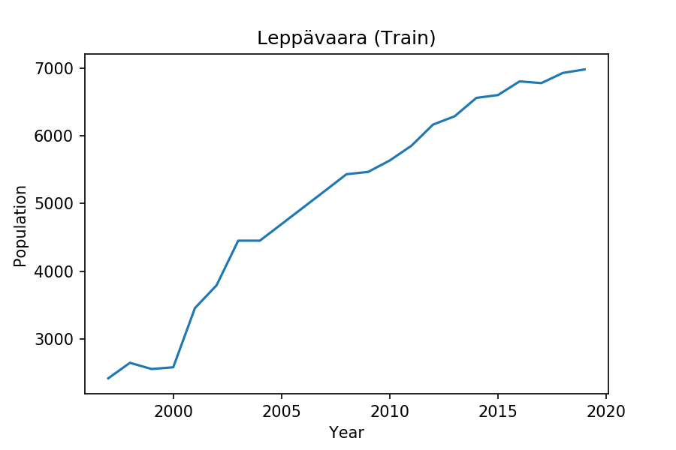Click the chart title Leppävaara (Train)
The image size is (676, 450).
point(346,38)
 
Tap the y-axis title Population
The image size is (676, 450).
point(20,226)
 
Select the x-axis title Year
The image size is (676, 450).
point(346,433)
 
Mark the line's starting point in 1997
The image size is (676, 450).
point(108,378)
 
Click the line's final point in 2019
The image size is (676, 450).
point(584,69)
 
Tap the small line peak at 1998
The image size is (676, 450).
point(130,363)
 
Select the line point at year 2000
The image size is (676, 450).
point(174,367)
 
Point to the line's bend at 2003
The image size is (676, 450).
point(238,241)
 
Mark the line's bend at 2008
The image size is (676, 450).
point(346,174)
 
